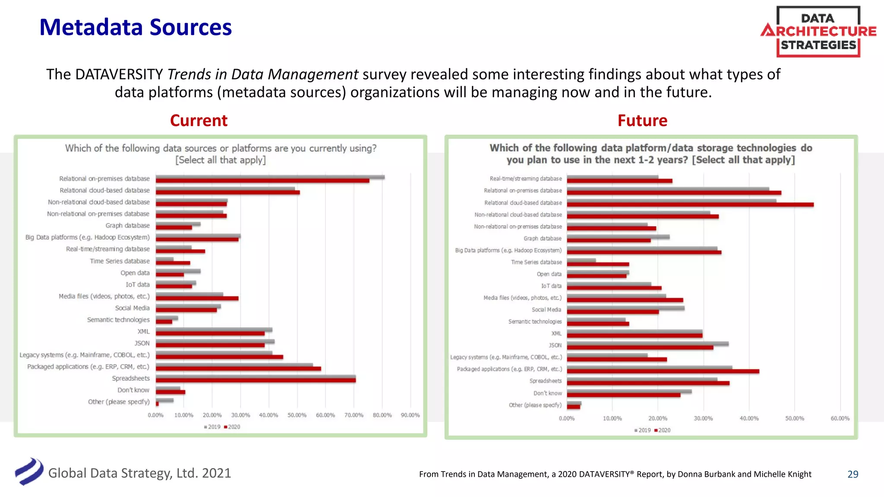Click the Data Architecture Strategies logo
point(818,31)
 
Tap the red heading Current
point(199,121)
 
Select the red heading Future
point(642,121)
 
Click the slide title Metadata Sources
point(136,27)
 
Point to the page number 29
point(852,474)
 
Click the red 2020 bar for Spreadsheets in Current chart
point(256,381)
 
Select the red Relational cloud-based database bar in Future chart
point(690,205)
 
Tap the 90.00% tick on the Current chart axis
point(410,415)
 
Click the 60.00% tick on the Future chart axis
point(840,418)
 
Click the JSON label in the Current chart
point(142,343)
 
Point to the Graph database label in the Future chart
point(543,238)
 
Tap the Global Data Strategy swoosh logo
point(29,472)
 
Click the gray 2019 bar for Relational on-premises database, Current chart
point(270,177)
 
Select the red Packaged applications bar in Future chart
point(663,371)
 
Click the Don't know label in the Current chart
point(133,390)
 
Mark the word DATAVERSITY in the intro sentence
point(119,74)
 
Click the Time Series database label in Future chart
point(536,262)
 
